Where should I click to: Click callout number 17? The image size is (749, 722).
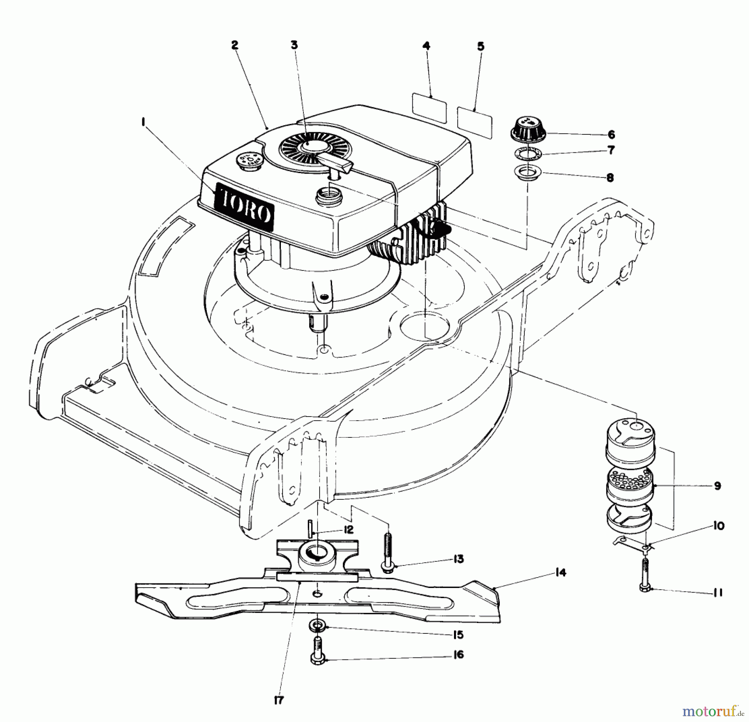(279, 700)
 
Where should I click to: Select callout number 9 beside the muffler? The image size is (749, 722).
(717, 486)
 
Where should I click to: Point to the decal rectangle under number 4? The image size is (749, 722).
(429, 108)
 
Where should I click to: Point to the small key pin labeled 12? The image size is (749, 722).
(310, 529)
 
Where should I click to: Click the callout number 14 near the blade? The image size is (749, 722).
(561, 573)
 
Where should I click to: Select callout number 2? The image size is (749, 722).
(235, 45)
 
